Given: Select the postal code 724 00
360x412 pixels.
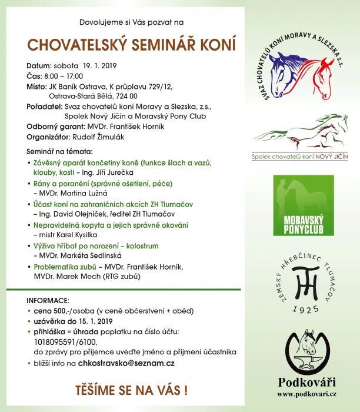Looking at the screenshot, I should tap(127, 96).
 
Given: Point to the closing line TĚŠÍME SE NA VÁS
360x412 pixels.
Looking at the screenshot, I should tap(132, 390).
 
